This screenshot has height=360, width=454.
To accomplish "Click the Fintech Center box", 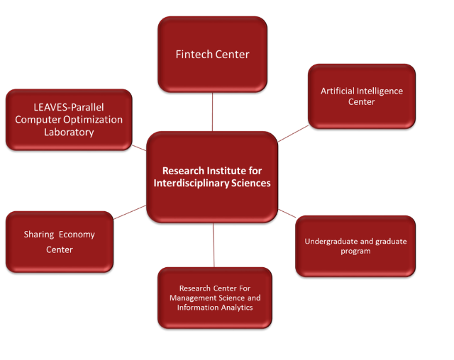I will tap(212, 55).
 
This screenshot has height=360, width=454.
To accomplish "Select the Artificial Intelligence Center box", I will tap(361, 96).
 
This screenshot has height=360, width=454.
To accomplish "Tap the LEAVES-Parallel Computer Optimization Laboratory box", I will tap(69, 120).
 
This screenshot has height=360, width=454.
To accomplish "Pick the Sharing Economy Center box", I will tap(59, 242).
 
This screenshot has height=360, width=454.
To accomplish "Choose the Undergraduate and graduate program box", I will tap(355, 246).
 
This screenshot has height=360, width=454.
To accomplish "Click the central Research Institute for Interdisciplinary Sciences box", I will tap(211, 176).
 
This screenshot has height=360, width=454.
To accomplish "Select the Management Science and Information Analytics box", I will tap(214, 298).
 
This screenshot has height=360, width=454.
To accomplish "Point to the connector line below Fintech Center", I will tap(212, 112).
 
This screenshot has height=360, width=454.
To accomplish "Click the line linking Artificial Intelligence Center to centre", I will tap(293, 133).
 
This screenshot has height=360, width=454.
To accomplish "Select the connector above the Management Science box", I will tap(214, 244).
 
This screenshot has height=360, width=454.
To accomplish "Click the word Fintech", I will tap(192, 55).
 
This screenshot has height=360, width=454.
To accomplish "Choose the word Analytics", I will tap(235, 308).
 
